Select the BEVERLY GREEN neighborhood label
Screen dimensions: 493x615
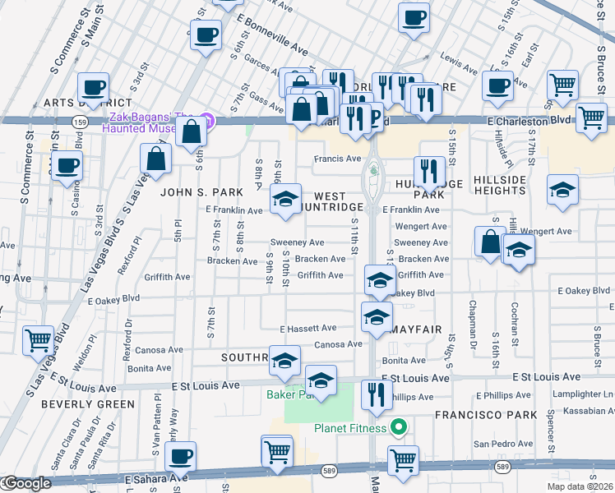pos(87,404)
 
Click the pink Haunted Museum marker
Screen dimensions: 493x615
pos(207,121)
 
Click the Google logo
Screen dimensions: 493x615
pos(26,484)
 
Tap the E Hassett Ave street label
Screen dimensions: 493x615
pos(307,329)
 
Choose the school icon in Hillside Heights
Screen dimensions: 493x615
pos(562,191)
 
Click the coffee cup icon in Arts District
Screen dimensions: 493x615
pos(93,87)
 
